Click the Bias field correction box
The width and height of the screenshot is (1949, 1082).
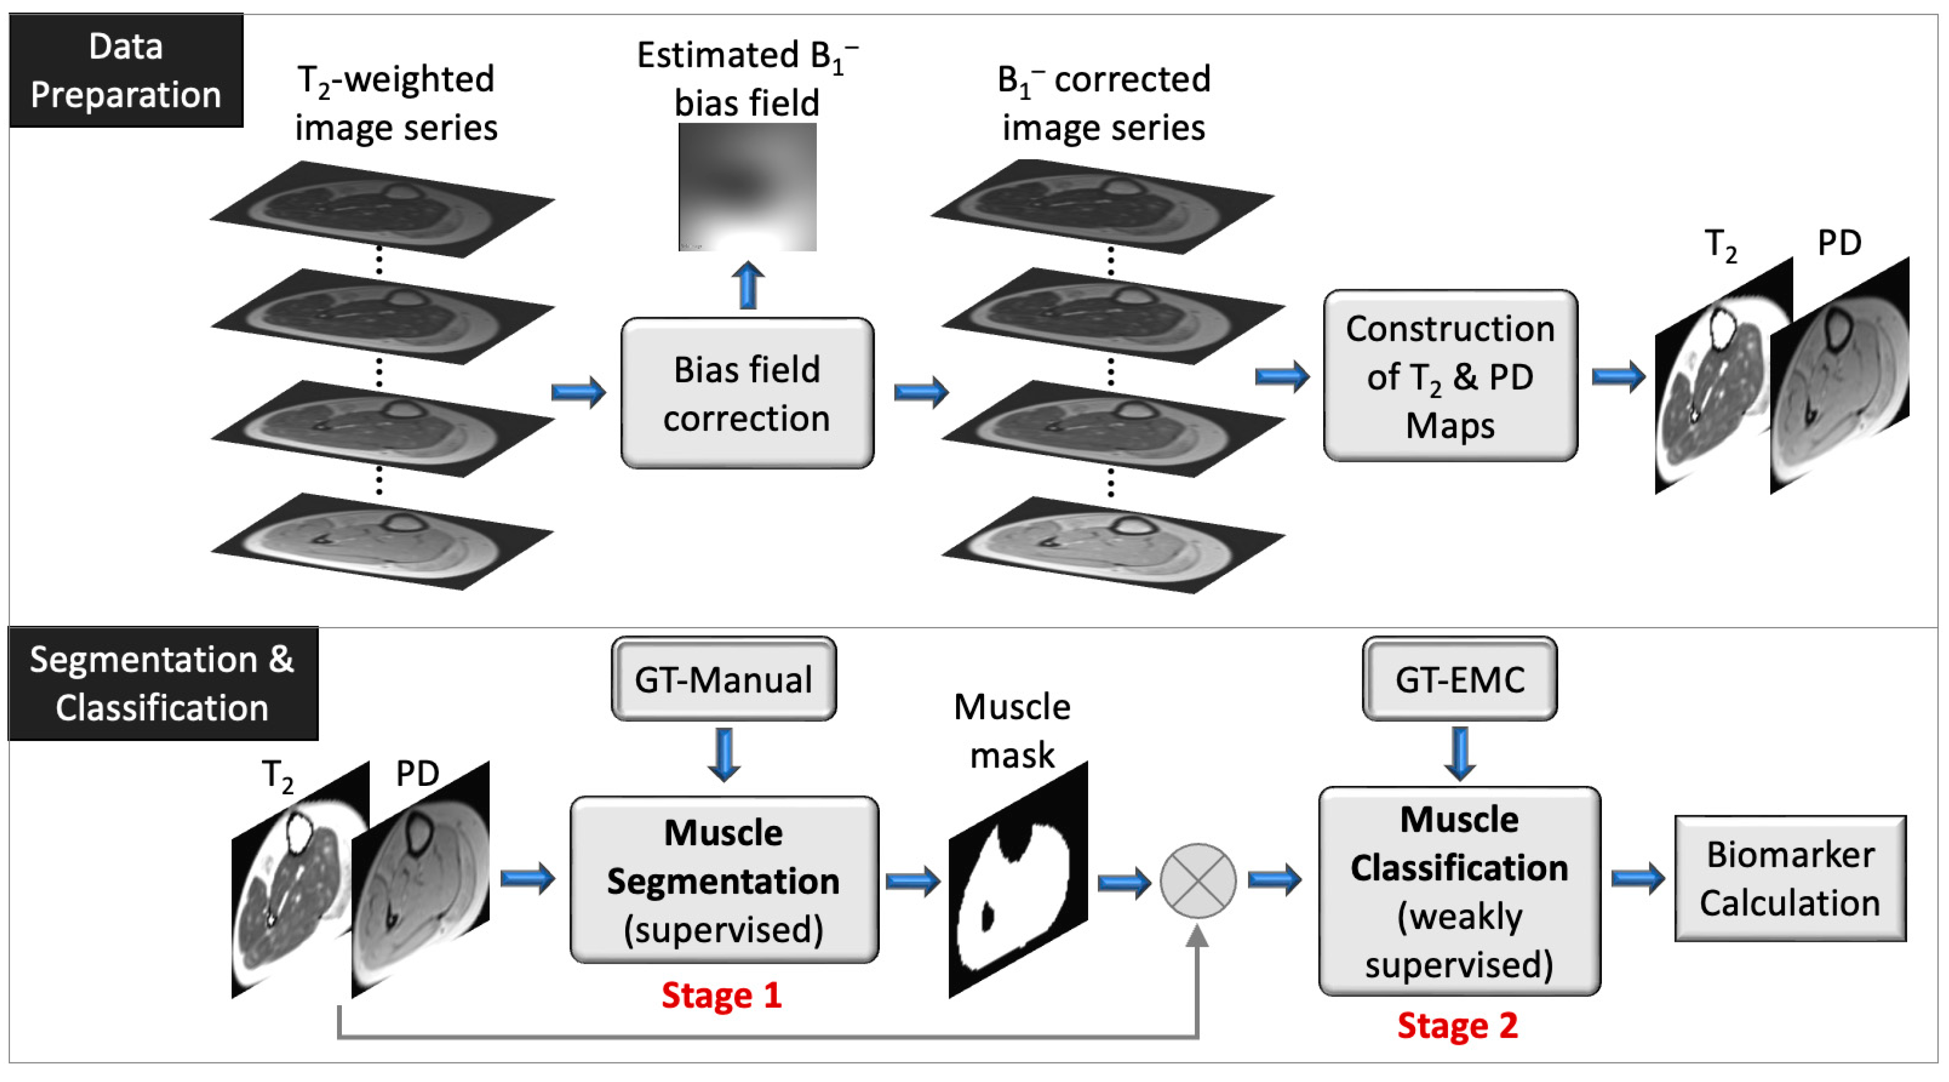pos(747,393)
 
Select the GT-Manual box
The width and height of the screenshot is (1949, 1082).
pos(723,679)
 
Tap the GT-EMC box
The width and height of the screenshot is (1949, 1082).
pos(1459,679)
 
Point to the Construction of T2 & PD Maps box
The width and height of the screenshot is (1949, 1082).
pos(1449,376)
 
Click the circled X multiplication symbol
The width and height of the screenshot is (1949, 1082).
pos(1197,881)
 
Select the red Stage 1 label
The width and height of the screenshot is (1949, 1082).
pos(721,995)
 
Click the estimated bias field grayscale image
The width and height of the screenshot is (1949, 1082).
pos(747,187)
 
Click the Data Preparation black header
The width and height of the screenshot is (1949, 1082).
pos(126,70)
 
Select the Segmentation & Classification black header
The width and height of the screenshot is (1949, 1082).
pos(162,683)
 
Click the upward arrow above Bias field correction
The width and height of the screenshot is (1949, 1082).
pos(747,285)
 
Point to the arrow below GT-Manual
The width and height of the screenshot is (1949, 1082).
pos(723,754)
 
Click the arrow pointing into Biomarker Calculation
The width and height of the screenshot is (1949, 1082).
pos(1637,878)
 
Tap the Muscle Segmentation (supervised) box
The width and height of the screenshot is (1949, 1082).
pos(723,880)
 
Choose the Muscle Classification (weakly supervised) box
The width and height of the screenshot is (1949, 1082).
pos(1459,892)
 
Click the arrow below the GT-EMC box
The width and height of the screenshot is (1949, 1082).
pos(1459,753)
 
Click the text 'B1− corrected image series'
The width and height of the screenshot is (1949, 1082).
pos(1103,103)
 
